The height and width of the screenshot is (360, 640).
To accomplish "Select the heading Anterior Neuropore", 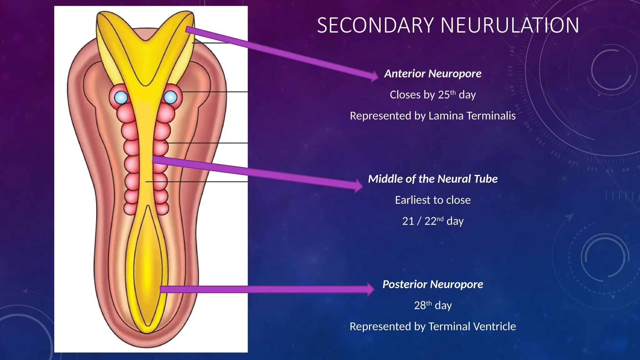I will click(x=433, y=74).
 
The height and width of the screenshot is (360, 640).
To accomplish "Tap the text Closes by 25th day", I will click(x=433, y=95).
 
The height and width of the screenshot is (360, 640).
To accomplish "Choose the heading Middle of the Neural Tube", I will click(x=433, y=179).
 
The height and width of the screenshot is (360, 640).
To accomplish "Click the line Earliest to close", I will click(x=433, y=200).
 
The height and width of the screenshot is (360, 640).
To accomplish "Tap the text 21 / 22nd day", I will click(x=433, y=221).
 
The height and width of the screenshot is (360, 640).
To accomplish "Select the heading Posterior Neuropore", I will click(x=433, y=284).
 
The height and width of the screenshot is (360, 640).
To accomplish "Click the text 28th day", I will click(x=433, y=305).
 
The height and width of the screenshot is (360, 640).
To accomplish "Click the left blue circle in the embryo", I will click(x=121, y=97).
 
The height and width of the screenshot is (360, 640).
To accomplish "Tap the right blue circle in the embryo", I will click(x=171, y=97).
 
